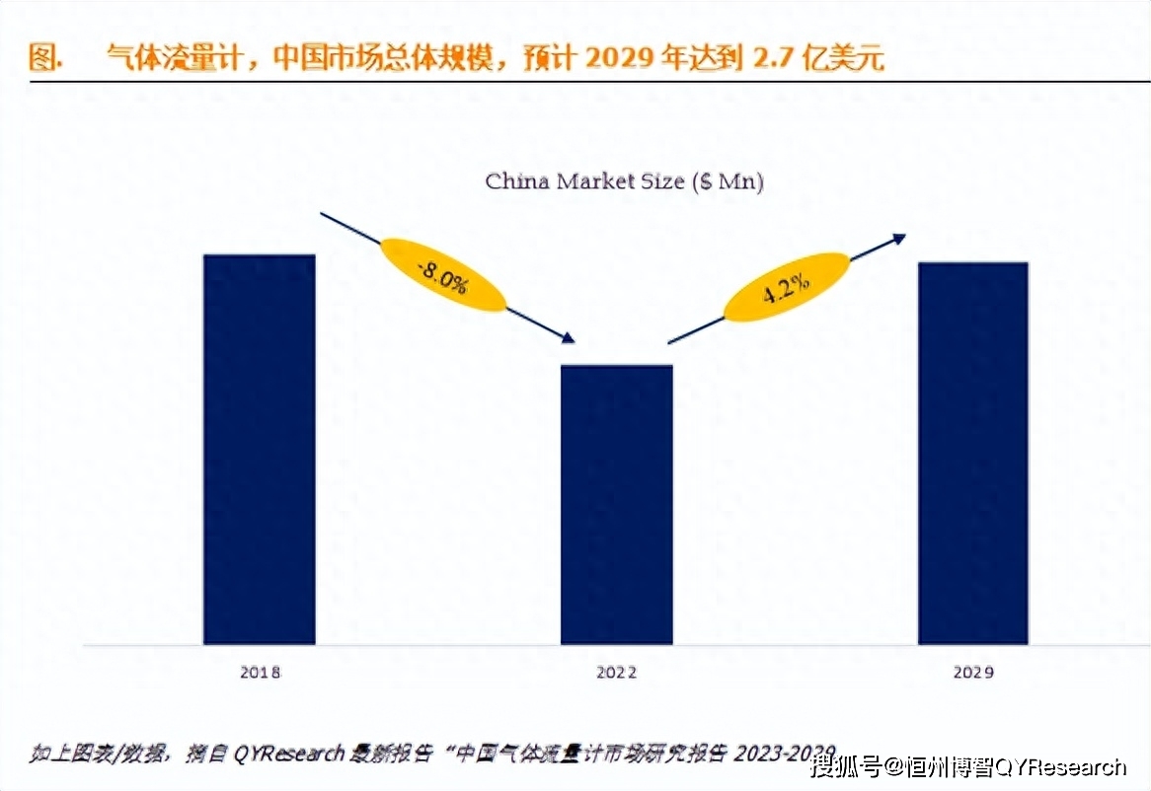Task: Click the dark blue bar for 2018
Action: click(259, 449)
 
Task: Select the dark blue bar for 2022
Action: click(616, 504)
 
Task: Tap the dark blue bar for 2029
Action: click(972, 453)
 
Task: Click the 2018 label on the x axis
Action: click(260, 673)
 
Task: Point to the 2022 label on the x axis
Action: click(616, 673)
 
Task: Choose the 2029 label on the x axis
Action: click(973, 673)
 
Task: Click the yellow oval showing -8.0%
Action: click(442, 275)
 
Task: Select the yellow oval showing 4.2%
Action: click(786, 287)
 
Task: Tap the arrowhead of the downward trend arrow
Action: click(568, 338)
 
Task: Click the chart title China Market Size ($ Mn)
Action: click(624, 181)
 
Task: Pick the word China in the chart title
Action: click(517, 181)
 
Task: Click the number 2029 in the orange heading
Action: click(617, 59)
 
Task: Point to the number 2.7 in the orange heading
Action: click(772, 59)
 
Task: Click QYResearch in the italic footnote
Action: click(289, 754)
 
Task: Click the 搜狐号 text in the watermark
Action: click(845, 767)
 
